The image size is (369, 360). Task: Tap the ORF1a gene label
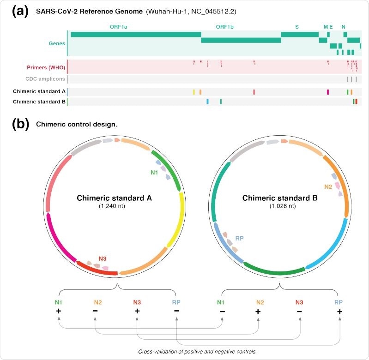point(118,27)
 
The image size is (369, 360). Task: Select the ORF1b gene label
point(224,27)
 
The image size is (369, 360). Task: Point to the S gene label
point(297,27)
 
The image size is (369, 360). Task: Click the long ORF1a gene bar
point(136,34)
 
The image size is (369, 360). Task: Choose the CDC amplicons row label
point(46,79)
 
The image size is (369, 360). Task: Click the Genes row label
point(57,43)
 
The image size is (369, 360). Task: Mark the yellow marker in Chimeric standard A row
point(194,92)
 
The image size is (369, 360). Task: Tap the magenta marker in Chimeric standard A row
point(327,92)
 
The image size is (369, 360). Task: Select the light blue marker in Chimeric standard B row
point(207,102)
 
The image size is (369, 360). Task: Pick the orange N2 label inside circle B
point(328,186)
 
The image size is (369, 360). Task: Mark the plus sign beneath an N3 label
point(137,312)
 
